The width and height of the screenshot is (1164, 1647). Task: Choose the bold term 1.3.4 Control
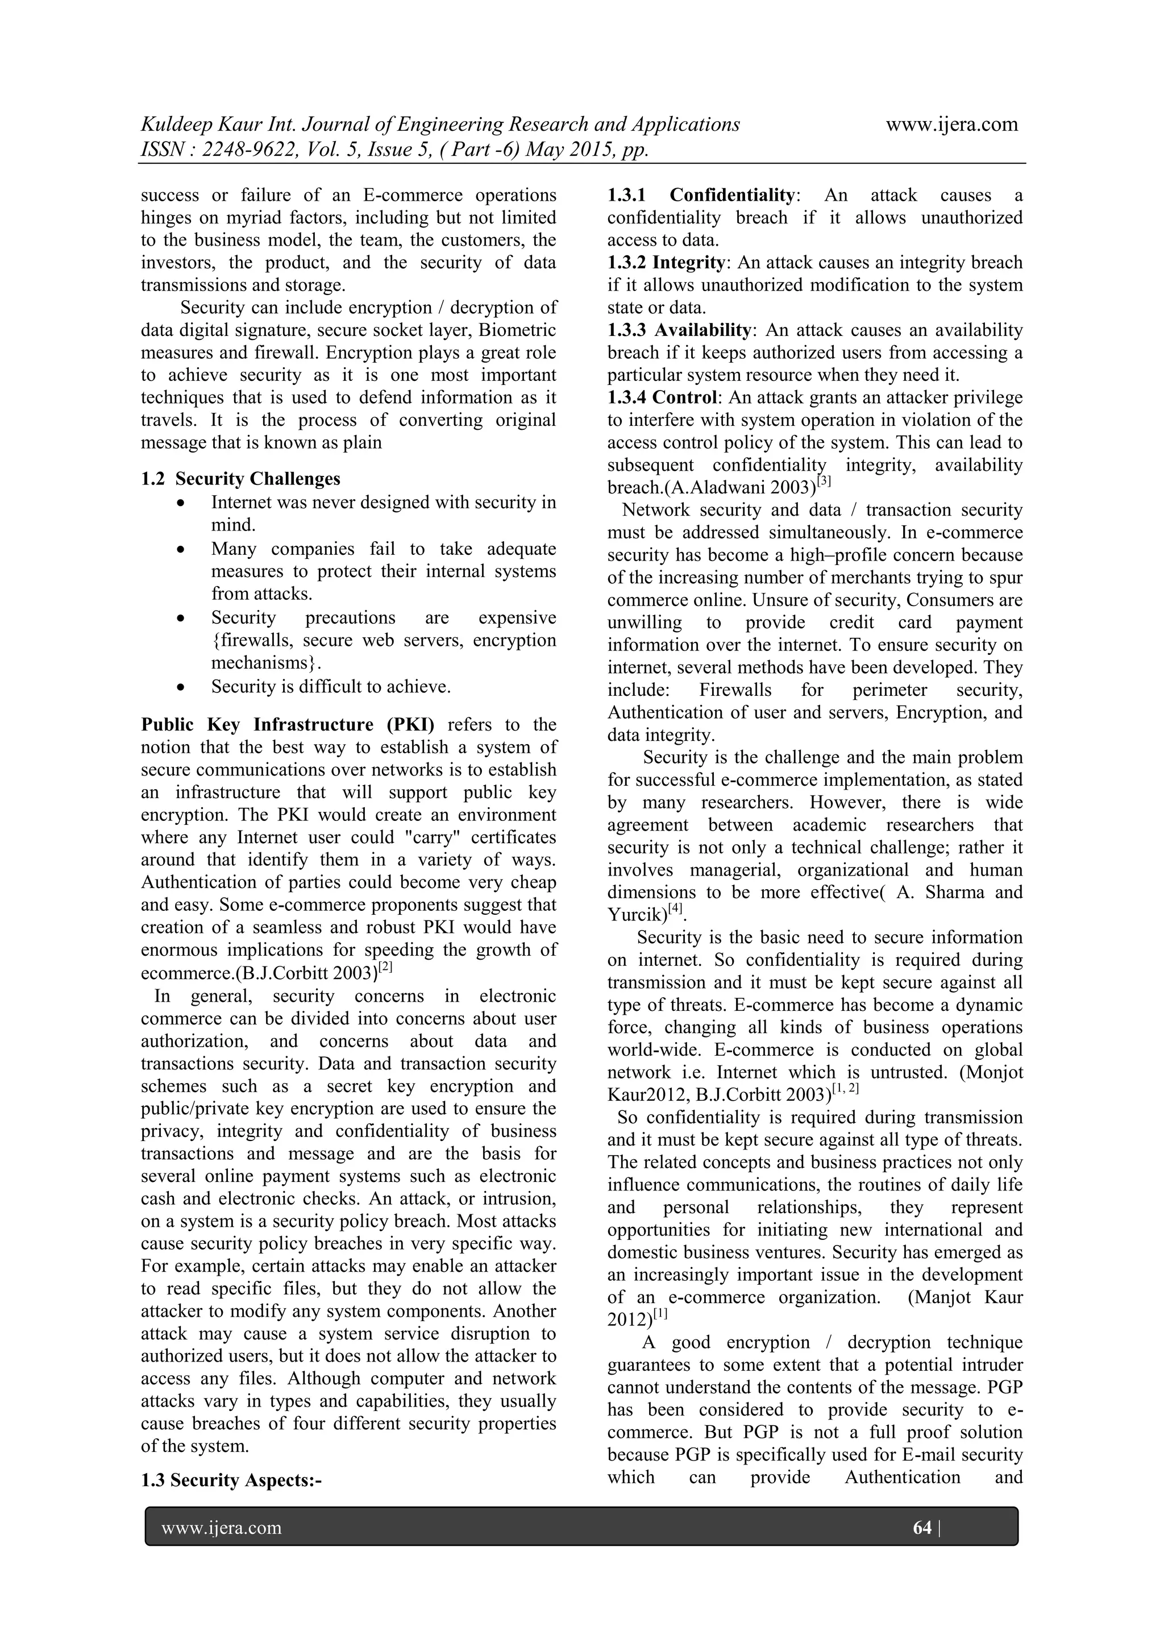(662, 397)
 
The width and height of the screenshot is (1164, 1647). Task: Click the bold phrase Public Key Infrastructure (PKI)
(288, 724)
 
